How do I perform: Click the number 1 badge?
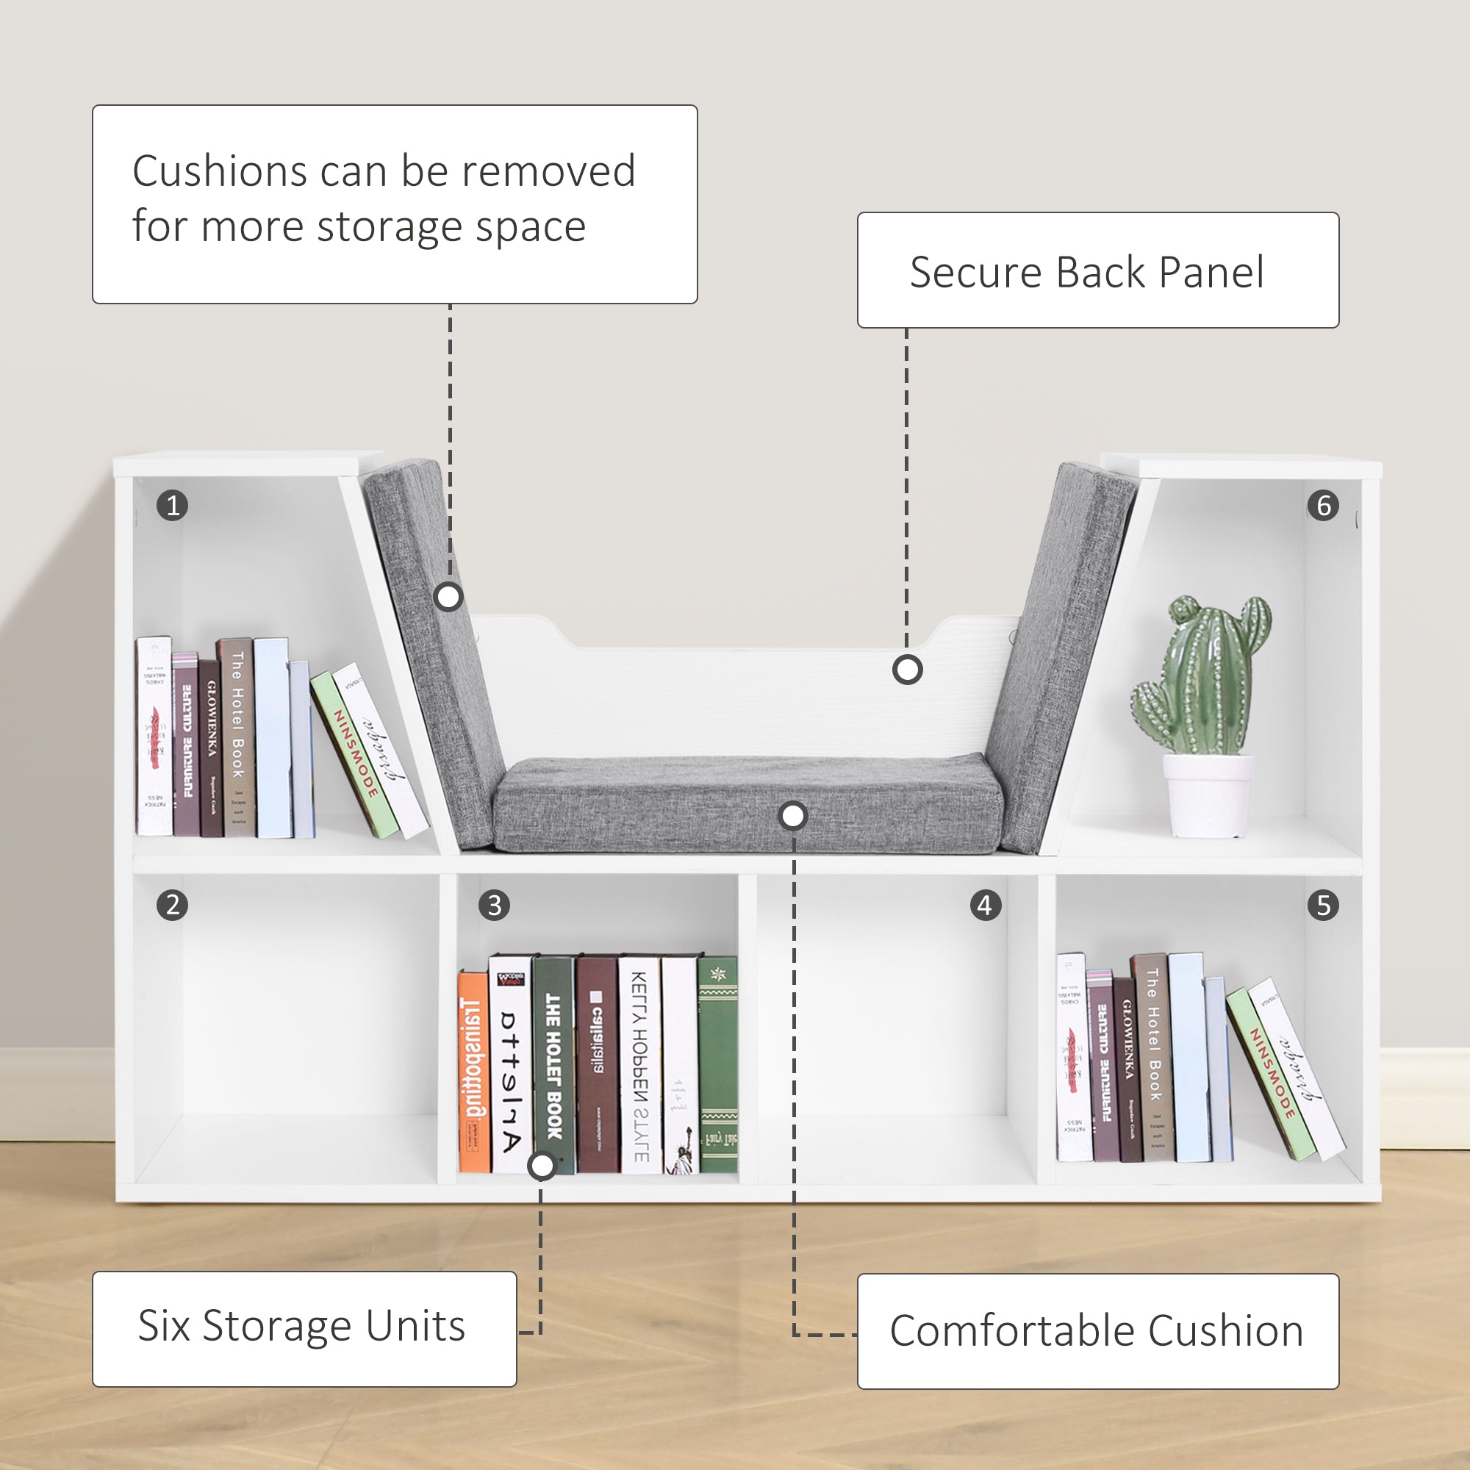[x=173, y=505]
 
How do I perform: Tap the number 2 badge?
[x=173, y=906]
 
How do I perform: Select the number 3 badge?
[x=495, y=906]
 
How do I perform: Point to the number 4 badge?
[x=986, y=906]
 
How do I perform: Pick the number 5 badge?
[x=1323, y=906]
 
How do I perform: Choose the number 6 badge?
[x=1323, y=505]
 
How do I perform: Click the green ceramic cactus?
[x=1202, y=677]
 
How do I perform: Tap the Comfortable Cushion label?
[x=1097, y=1331]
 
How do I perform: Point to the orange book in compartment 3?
[x=473, y=1073]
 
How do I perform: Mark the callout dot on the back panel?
[x=907, y=670]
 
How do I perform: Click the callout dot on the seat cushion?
[x=793, y=817]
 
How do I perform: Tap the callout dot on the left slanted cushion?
[x=448, y=598]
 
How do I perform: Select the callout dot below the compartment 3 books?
[x=542, y=1166]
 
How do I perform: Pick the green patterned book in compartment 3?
[x=717, y=1065]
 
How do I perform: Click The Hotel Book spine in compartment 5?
[x=1153, y=1058]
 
